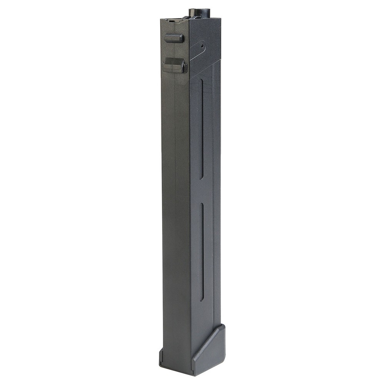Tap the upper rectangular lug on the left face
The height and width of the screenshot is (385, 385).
point(174,38)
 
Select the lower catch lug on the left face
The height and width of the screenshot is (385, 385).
point(174,65)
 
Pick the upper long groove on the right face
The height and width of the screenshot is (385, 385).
point(201,129)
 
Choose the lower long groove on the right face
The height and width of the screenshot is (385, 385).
point(201,252)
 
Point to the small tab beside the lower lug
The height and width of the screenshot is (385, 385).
point(185,68)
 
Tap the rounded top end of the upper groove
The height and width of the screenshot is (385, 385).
point(201,81)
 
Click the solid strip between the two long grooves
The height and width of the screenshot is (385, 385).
point(201,191)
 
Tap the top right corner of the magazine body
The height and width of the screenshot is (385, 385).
point(220,18)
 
